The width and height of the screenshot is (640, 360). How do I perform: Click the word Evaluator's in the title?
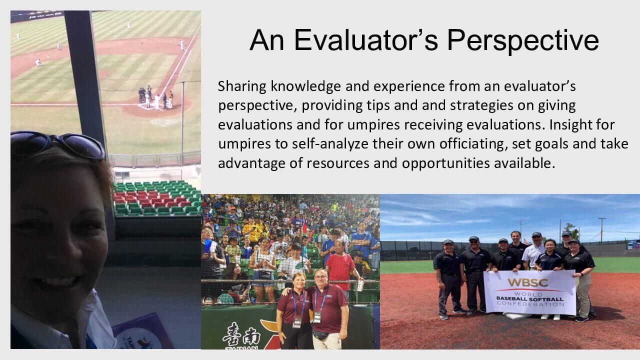366,40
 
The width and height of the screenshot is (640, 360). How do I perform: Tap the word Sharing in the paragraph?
242,87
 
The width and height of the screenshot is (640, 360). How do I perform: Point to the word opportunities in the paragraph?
446,163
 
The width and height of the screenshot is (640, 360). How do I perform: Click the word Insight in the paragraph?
568,125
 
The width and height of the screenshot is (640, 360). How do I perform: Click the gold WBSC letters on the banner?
528,283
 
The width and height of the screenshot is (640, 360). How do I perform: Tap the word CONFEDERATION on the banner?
530,304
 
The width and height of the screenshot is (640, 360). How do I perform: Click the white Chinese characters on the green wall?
241,334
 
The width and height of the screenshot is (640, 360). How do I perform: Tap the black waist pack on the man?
320,335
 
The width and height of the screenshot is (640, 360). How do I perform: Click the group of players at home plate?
156,98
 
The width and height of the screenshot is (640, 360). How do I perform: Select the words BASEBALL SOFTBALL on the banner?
530,299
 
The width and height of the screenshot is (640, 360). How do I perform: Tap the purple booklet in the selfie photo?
143,332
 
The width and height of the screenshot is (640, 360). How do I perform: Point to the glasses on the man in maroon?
321,277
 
